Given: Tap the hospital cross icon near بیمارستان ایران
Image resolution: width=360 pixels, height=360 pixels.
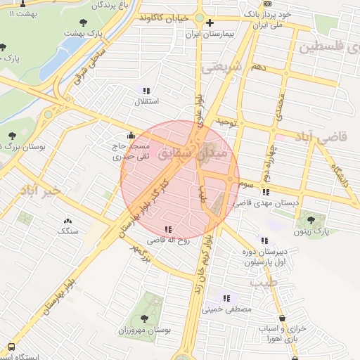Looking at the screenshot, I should coord(209,22).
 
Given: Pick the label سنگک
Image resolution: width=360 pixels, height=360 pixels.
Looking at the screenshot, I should coord(68,231).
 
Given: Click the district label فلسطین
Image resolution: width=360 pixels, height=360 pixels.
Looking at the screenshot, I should coord(330,47).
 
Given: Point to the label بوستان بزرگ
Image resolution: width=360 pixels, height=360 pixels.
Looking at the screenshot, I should coord(24,148).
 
